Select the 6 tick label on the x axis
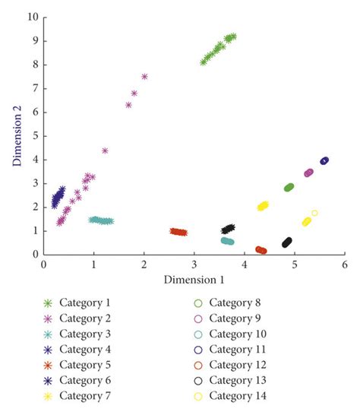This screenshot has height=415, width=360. [344, 265]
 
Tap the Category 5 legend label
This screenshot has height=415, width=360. [85, 365]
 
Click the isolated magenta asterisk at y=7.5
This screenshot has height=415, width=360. [144, 77]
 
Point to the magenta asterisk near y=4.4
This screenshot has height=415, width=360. [105, 150]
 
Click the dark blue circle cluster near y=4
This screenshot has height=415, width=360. [324, 160]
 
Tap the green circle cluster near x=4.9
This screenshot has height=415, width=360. [289, 188]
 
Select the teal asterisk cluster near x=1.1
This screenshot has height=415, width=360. [101, 220]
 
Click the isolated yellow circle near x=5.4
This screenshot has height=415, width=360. [314, 213]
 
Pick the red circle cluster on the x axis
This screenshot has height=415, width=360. [261, 250]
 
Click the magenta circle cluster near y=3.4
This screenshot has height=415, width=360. [308, 173]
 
